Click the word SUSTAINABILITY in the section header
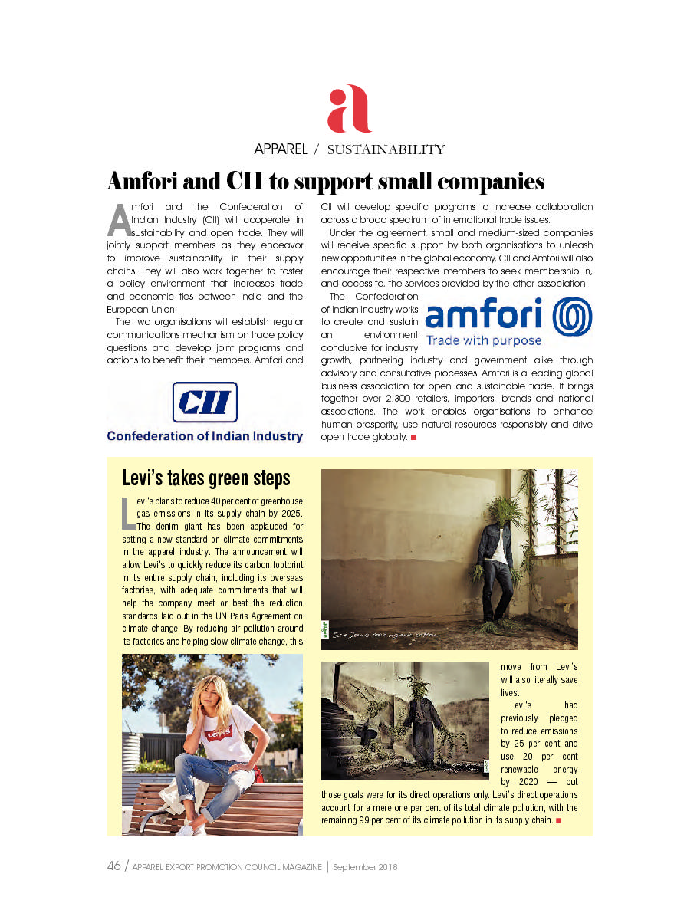(x=386, y=149)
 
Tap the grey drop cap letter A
(x=119, y=220)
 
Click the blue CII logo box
(x=204, y=402)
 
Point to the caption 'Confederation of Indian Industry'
(x=204, y=436)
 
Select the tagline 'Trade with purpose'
(x=483, y=340)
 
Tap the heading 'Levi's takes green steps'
(x=206, y=478)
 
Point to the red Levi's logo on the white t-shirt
(x=219, y=734)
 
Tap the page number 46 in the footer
(x=113, y=867)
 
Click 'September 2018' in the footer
(x=364, y=868)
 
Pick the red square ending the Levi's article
(x=558, y=821)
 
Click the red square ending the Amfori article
(x=413, y=437)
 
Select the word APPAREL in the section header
(x=281, y=149)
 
